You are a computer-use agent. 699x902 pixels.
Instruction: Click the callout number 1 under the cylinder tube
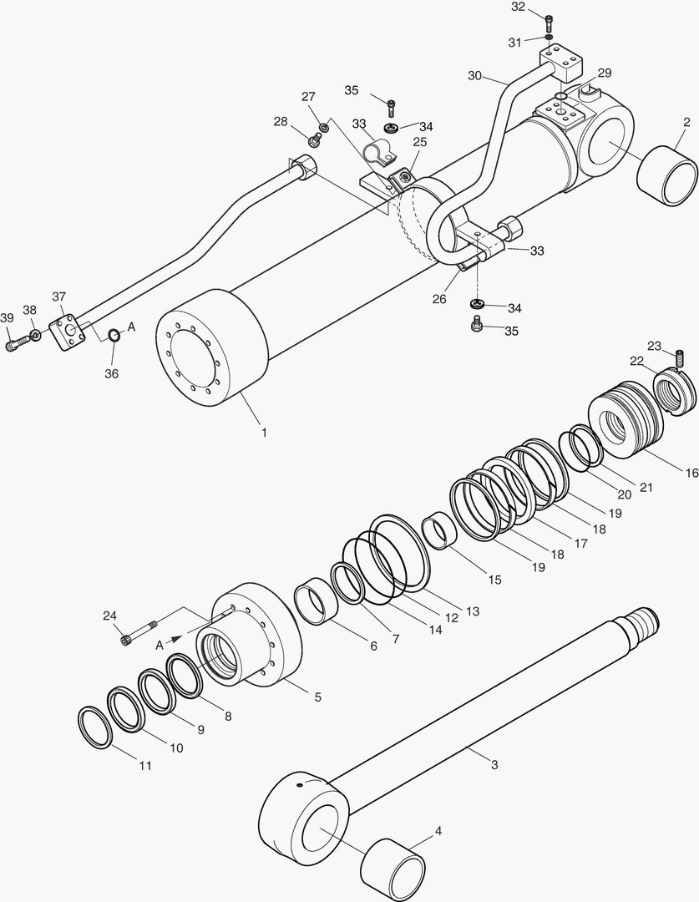point(264,433)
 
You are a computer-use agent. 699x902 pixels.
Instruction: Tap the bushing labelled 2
point(666,173)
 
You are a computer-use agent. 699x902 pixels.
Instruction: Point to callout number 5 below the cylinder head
point(317,696)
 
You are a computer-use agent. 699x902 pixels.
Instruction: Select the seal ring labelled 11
point(95,727)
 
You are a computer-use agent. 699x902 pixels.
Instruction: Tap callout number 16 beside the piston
point(691,473)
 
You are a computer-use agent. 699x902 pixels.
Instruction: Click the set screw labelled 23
point(679,360)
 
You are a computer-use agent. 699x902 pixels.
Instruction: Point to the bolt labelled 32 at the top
point(549,23)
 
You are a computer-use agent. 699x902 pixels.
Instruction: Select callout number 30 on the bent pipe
point(474,76)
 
